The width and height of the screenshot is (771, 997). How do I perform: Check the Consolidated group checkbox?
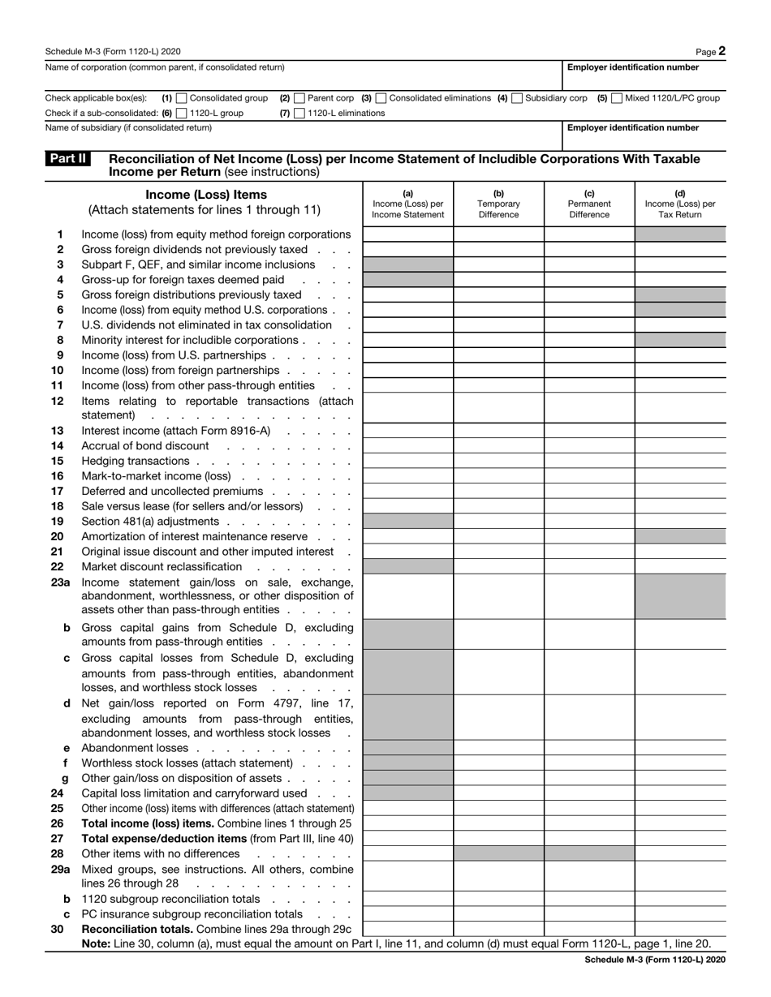(x=181, y=98)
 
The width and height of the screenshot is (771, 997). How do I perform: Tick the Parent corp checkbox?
(x=299, y=98)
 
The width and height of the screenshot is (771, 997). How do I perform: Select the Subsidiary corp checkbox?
(x=517, y=98)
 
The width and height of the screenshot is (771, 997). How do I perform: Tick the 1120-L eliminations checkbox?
(x=299, y=114)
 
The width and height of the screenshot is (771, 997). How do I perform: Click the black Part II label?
(x=69, y=159)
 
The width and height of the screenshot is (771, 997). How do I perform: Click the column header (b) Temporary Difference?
(x=498, y=204)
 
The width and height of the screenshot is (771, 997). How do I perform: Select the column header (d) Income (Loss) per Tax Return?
(x=679, y=204)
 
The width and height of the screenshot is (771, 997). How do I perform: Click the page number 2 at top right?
(x=721, y=50)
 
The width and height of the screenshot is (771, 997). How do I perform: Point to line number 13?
(x=57, y=431)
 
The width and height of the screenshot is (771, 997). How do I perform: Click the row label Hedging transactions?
(x=135, y=461)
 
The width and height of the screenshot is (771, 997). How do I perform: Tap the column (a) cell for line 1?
(x=407, y=234)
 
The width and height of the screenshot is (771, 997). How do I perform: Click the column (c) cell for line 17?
(x=588, y=491)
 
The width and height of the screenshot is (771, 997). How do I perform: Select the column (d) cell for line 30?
(x=679, y=928)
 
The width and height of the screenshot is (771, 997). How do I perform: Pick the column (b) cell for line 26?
(x=498, y=823)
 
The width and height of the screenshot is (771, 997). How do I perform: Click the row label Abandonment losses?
(x=135, y=748)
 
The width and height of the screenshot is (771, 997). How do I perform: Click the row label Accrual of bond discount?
(x=145, y=446)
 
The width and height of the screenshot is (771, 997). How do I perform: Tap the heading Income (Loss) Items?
(x=205, y=195)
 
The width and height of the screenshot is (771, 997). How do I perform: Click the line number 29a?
(x=59, y=869)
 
